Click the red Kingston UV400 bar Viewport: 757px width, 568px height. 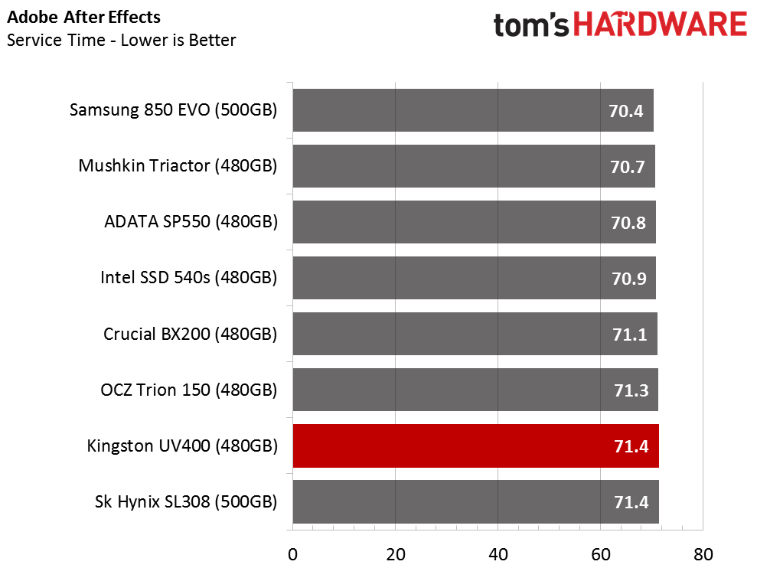click(x=475, y=446)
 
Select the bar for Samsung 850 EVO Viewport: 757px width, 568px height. click(x=473, y=110)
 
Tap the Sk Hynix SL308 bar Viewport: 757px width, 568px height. click(x=475, y=502)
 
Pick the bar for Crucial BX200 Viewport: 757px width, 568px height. click(x=475, y=334)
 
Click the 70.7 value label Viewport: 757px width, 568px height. click(x=627, y=167)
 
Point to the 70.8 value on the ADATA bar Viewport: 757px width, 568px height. click(x=628, y=223)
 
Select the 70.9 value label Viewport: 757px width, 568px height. click(x=628, y=279)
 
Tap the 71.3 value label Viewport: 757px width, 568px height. click(x=631, y=390)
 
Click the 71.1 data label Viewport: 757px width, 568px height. click(x=629, y=335)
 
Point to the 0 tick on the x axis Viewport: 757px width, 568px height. click(x=292, y=554)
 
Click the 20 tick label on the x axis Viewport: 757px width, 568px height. click(x=396, y=554)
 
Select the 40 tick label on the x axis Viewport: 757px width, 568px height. click(x=498, y=554)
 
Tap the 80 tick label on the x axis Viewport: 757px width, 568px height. click(x=703, y=554)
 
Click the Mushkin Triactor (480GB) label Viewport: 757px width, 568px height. click(x=178, y=165)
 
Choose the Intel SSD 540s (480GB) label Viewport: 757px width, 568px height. click(x=189, y=278)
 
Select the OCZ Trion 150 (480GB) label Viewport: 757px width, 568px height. click(x=189, y=390)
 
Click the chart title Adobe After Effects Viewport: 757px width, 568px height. click(x=83, y=18)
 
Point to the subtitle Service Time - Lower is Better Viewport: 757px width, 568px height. click(x=121, y=40)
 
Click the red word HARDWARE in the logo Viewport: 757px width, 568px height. click(x=661, y=24)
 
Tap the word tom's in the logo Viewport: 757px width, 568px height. click(x=531, y=25)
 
